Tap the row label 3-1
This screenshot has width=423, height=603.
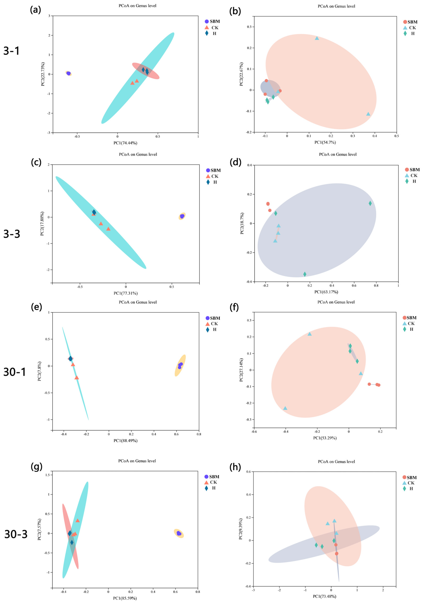[12, 50]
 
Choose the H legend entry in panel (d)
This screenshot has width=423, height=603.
[411, 181]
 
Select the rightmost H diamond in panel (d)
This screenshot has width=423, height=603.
[370, 203]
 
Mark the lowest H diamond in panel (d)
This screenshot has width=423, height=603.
[305, 274]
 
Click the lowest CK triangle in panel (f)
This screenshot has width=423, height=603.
[285, 408]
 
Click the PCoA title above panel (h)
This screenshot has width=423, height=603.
[336, 462]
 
